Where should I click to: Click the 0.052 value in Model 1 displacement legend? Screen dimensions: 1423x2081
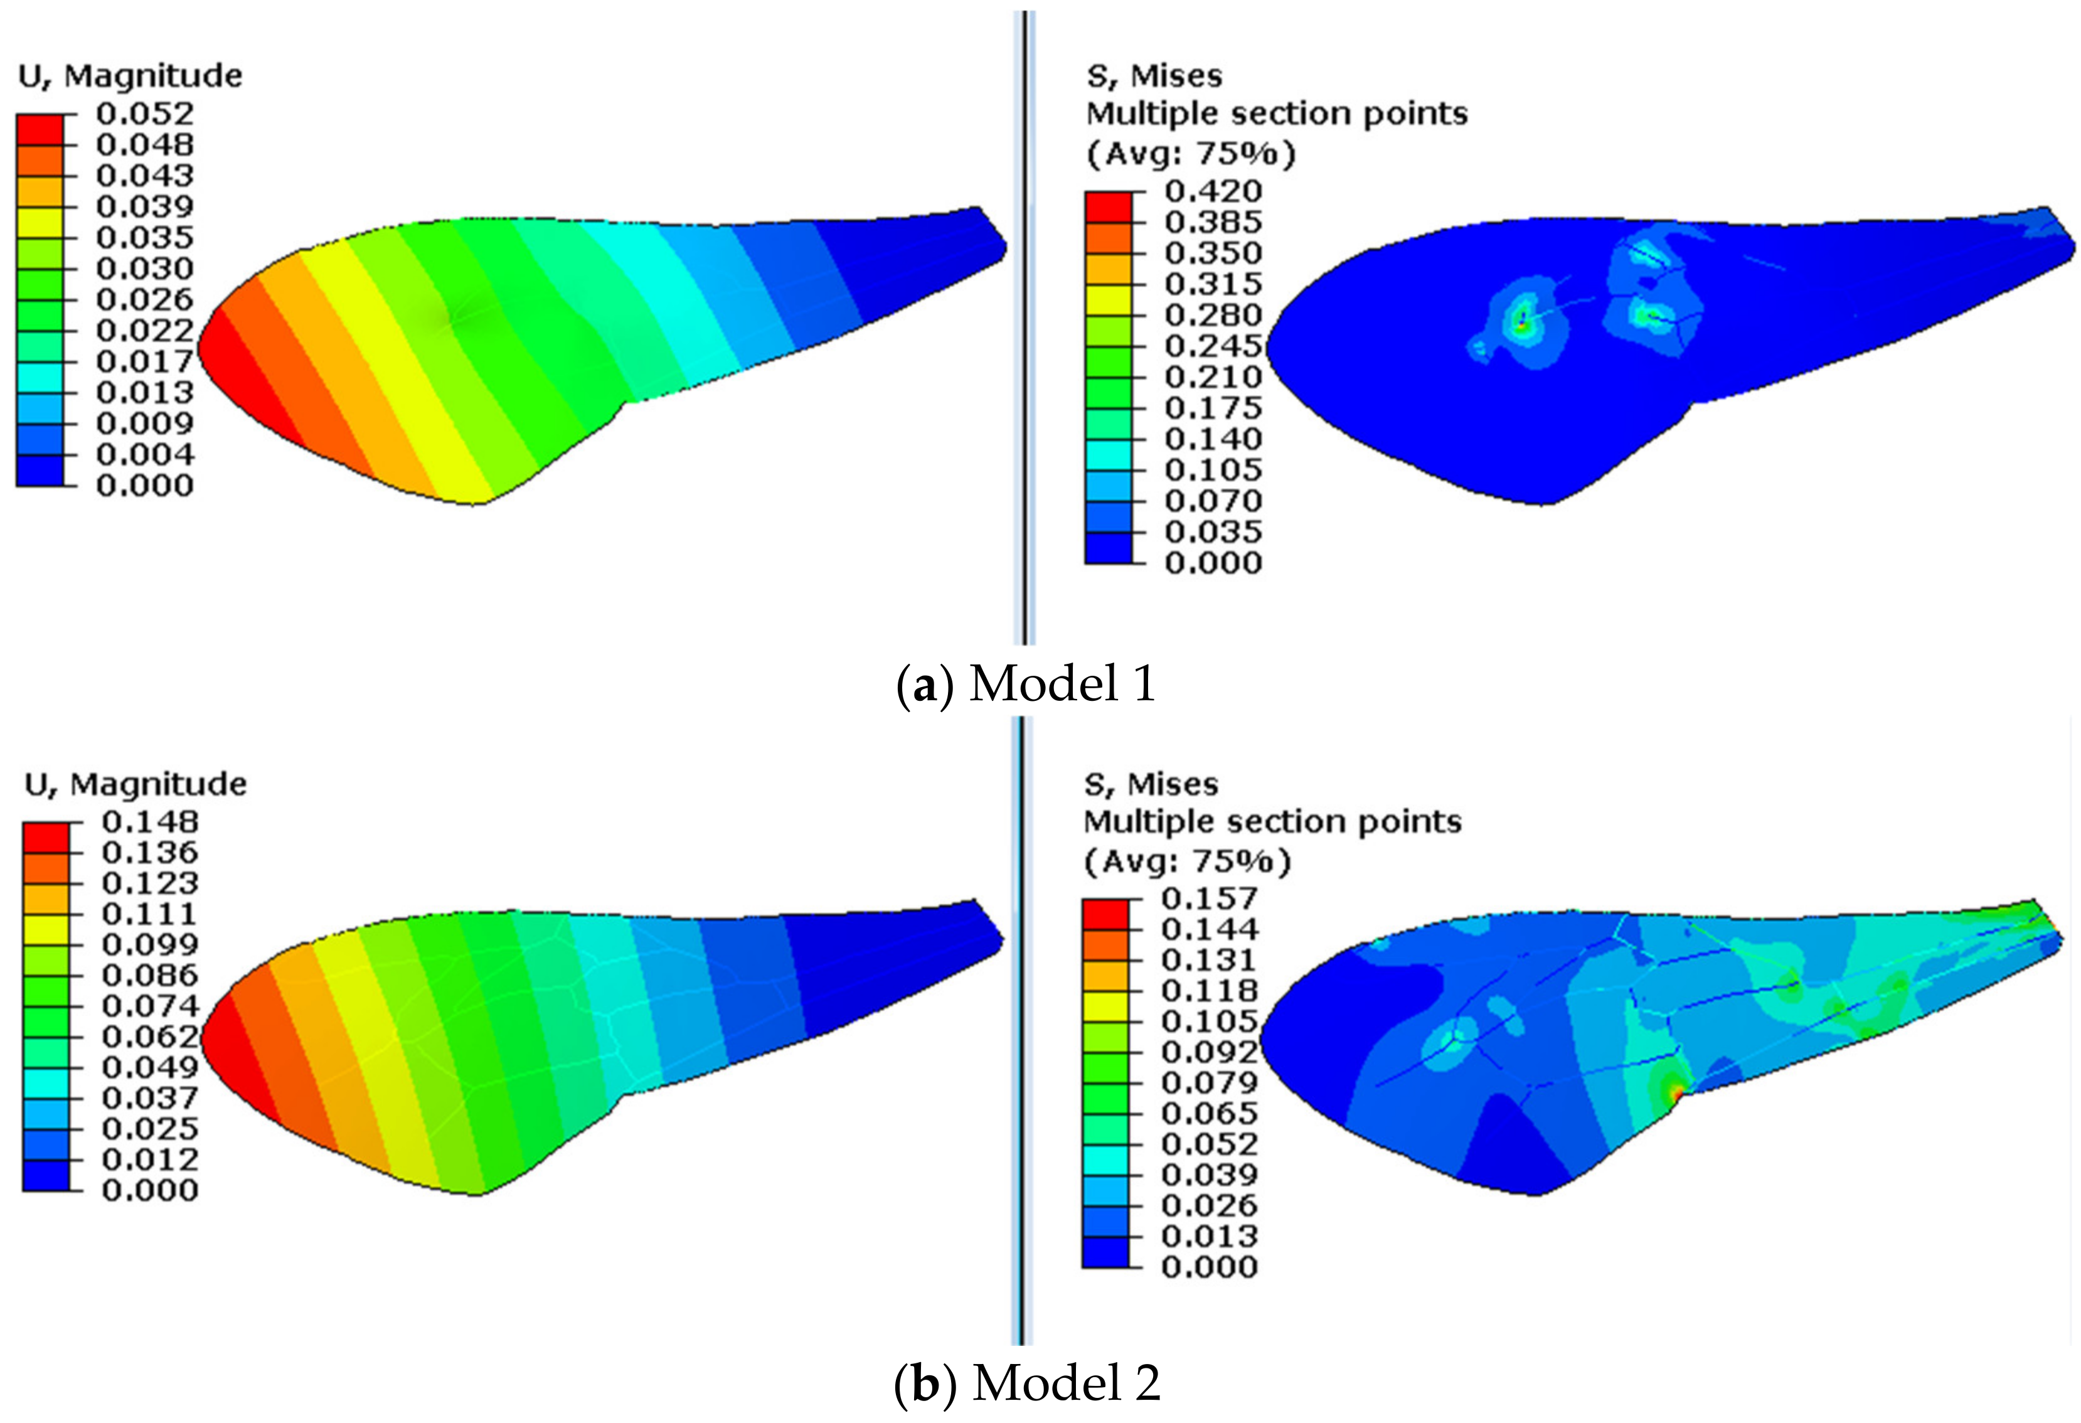(x=144, y=114)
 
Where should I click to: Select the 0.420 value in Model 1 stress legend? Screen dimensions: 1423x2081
(x=1213, y=191)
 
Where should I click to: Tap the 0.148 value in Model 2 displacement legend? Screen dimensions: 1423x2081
(x=149, y=821)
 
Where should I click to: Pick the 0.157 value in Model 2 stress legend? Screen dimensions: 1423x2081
(x=1209, y=898)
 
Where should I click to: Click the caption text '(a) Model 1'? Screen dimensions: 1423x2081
(x=1026, y=684)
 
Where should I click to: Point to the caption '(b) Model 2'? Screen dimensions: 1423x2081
(x=1027, y=1383)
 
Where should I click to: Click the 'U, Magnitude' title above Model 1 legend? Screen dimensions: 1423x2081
(x=130, y=76)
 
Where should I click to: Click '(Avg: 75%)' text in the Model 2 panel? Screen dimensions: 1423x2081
(x=1188, y=861)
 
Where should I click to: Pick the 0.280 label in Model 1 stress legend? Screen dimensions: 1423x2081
(x=1213, y=315)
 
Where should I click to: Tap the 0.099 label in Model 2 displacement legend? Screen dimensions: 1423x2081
(x=149, y=944)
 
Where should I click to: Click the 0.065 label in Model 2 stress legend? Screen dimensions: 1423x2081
(x=1209, y=1113)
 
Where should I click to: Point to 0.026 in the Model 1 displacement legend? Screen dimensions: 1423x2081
(x=144, y=299)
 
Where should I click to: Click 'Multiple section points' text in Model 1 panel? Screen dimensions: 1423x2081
(x=1276, y=115)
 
